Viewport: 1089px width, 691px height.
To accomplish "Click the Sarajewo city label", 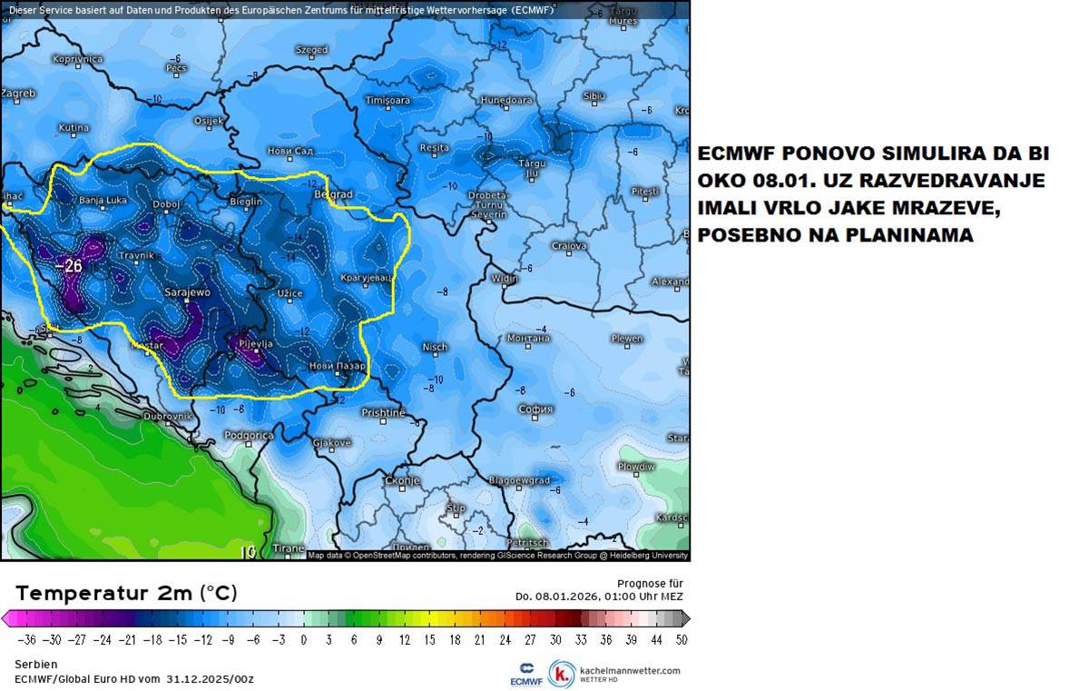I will point(187,293).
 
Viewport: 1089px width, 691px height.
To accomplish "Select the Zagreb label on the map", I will point(18,94).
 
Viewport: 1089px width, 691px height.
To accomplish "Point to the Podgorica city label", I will point(249,436).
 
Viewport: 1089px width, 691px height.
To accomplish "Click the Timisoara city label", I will point(388,100).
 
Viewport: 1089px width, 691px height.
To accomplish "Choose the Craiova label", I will point(569,246).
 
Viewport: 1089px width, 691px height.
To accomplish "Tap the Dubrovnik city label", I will point(168,416).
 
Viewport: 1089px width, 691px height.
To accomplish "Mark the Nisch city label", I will point(435,347).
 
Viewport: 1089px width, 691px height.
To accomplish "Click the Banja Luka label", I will point(103,200).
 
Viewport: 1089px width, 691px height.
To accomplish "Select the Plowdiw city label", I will point(636,467).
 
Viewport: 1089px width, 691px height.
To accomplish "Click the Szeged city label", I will point(311,50).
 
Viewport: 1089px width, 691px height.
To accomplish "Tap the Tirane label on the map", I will point(289,548).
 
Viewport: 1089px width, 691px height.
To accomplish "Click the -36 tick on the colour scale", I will point(26,639).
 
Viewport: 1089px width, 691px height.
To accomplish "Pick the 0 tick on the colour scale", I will point(303,639).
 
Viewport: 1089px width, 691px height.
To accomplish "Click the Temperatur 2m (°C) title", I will point(126,593).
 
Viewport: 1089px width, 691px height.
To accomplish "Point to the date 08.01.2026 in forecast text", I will point(564,596).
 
